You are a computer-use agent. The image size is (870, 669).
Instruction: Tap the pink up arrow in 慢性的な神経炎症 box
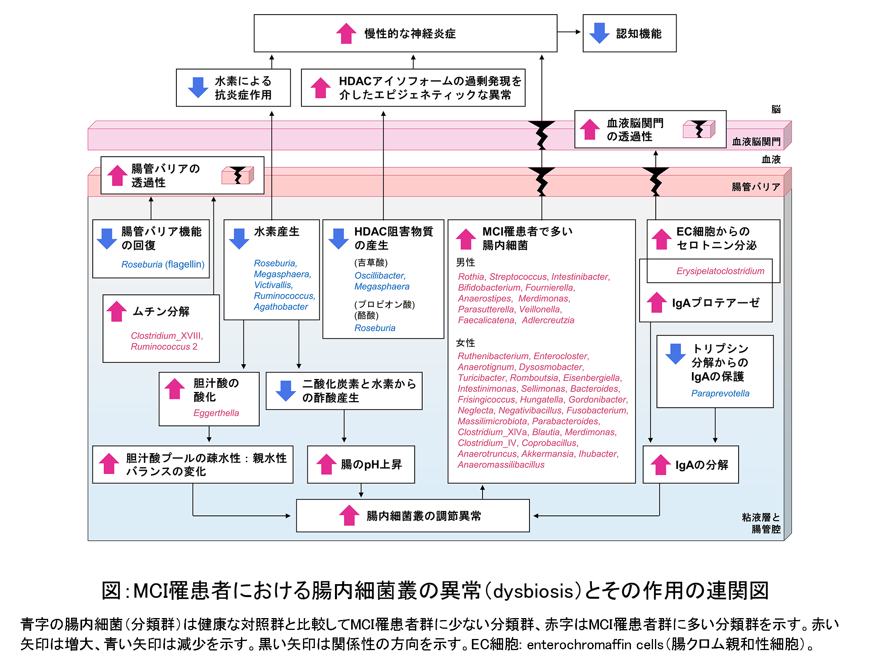346,33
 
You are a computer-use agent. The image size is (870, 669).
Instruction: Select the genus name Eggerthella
216,413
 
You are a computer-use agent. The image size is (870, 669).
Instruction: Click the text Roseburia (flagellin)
163,264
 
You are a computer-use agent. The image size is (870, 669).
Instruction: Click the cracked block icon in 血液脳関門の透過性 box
698,129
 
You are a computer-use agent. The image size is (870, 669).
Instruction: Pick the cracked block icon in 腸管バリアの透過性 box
237,175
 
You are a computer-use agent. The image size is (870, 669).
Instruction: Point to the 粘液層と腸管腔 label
761,523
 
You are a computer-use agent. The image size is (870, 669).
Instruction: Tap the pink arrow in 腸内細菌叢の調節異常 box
349,515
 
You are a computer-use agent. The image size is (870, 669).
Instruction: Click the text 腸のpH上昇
371,465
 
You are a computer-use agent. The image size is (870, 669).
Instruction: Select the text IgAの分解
701,465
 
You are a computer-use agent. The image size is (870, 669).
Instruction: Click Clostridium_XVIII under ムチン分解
167,336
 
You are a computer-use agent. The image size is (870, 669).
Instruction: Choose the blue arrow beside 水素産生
239,238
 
